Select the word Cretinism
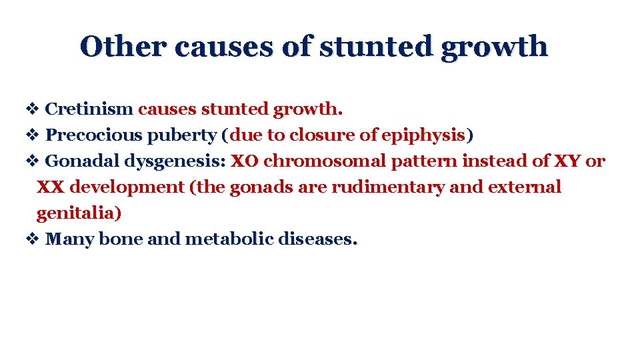pos(89,109)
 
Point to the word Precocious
pos(94,135)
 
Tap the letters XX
pos(50,187)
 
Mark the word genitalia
pos(79,213)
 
